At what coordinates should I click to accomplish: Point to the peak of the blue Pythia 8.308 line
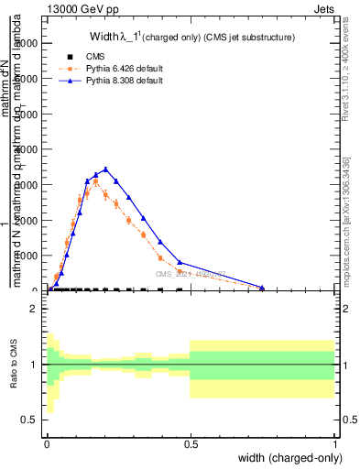tap(106, 169)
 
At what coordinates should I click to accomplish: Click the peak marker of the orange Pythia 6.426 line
tap(95, 181)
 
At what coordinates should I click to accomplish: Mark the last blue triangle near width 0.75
tap(262, 288)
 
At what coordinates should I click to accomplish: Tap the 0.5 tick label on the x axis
tap(191, 442)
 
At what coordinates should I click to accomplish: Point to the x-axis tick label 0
tap(47, 442)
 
